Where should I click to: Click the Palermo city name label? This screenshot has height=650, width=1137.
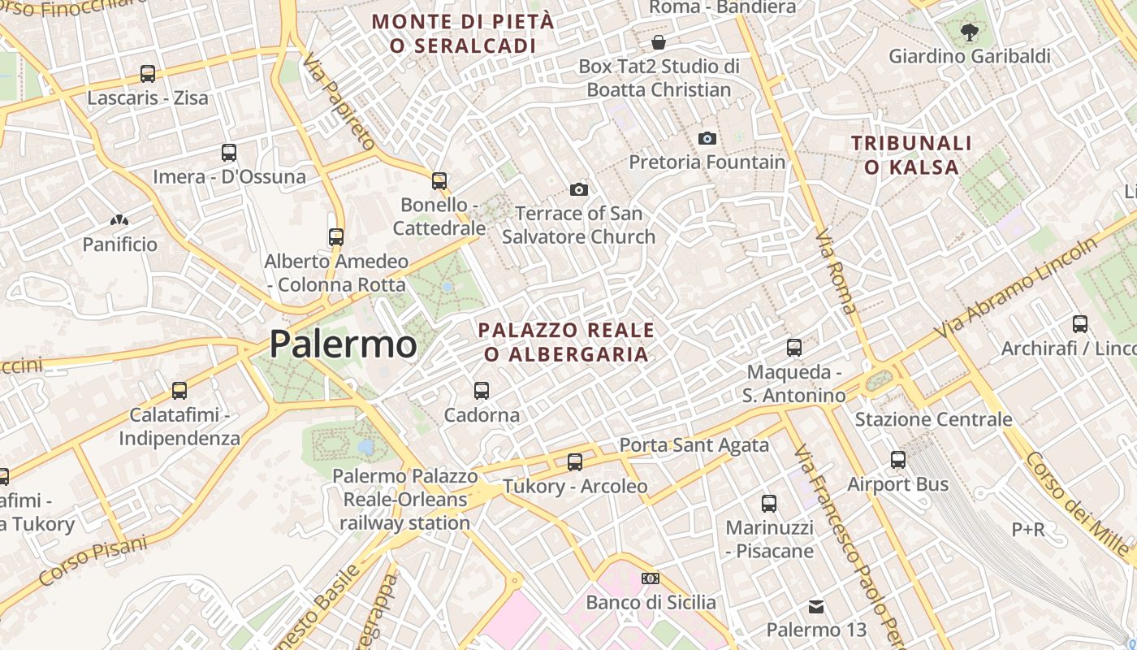pyautogui.click(x=343, y=344)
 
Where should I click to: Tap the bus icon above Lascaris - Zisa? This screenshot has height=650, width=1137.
pyautogui.click(x=147, y=74)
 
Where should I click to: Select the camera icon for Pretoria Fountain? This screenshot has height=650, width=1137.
pyautogui.click(x=707, y=138)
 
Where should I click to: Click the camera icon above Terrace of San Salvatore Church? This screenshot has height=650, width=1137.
pyautogui.click(x=578, y=189)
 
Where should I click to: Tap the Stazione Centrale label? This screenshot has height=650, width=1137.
pyautogui.click(x=933, y=419)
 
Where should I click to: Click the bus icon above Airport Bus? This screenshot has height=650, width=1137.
pyautogui.click(x=897, y=460)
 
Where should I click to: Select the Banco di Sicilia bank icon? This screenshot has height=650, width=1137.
pyautogui.click(x=651, y=578)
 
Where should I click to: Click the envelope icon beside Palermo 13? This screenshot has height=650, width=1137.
pyautogui.click(x=816, y=607)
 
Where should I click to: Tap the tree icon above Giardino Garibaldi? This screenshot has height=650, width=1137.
pyautogui.click(x=969, y=32)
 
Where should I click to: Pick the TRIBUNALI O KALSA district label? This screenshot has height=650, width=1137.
pyautogui.click(x=911, y=155)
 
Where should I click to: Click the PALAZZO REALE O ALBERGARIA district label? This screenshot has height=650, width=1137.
pyautogui.click(x=566, y=342)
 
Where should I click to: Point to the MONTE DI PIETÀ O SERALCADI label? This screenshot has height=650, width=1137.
pyautogui.click(x=463, y=33)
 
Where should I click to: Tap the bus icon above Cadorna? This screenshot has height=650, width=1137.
pyautogui.click(x=482, y=391)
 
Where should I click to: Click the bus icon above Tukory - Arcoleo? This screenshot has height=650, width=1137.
pyautogui.click(x=575, y=462)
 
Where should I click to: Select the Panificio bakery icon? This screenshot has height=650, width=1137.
pyautogui.click(x=119, y=220)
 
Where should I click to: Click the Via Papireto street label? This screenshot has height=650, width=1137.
pyautogui.click(x=339, y=102)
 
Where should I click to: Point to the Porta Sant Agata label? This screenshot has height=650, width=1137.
pyautogui.click(x=694, y=444)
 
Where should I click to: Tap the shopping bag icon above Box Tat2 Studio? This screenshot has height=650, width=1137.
pyautogui.click(x=659, y=41)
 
